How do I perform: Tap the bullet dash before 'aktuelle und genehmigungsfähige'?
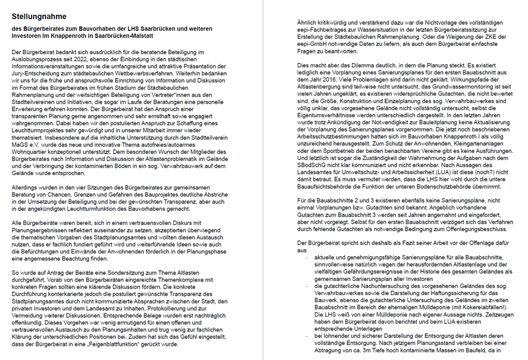coord(308,259)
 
